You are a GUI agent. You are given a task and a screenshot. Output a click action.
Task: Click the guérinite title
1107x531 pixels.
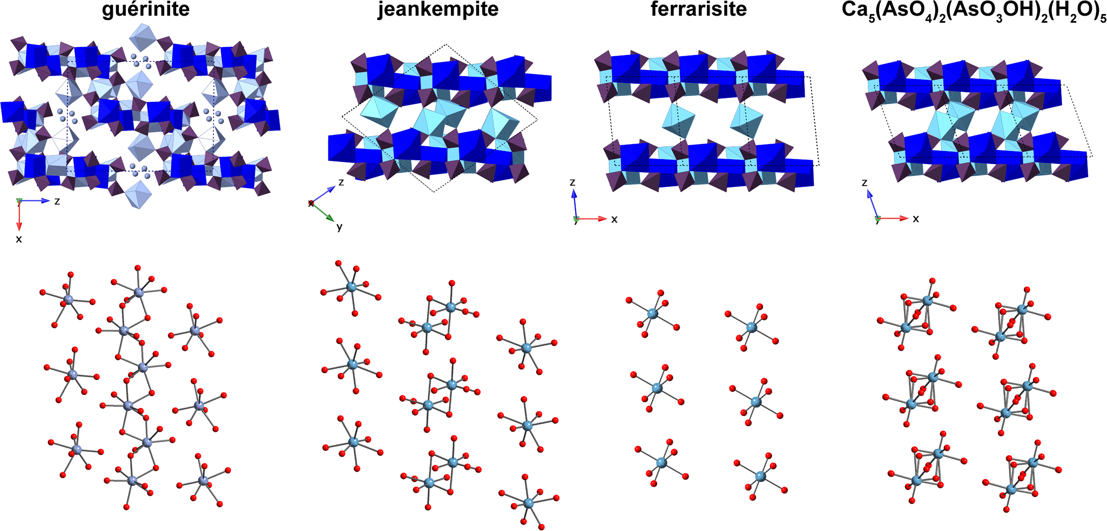tap(146, 10)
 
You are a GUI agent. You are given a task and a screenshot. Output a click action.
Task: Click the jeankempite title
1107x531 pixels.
tap(438, 10)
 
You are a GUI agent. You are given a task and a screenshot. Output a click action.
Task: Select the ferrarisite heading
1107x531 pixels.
tap(699, 10)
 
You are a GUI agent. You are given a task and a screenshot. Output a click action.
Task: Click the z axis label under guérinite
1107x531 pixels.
tap(57, 201)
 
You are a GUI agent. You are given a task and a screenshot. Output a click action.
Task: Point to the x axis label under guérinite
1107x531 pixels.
tap(19, 239)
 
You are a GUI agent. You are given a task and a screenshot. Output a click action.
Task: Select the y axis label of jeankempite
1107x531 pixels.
tap(339, 227)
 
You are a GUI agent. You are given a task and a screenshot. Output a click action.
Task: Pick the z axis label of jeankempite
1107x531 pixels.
tap(341, 183)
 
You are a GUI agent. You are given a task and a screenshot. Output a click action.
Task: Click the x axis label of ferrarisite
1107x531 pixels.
tap(614, 219)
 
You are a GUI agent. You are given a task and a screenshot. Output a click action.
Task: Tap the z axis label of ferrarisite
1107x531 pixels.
tap(572, 183)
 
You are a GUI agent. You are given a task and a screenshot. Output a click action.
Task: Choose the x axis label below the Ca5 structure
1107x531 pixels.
tap(915, 219)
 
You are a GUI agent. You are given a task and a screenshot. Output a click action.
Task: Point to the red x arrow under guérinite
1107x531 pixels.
tap(19, 216)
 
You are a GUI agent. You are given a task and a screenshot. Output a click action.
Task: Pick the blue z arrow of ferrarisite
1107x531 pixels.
tap(575, 203)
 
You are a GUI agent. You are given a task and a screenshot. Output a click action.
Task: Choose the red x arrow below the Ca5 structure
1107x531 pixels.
tap(893, 219)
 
